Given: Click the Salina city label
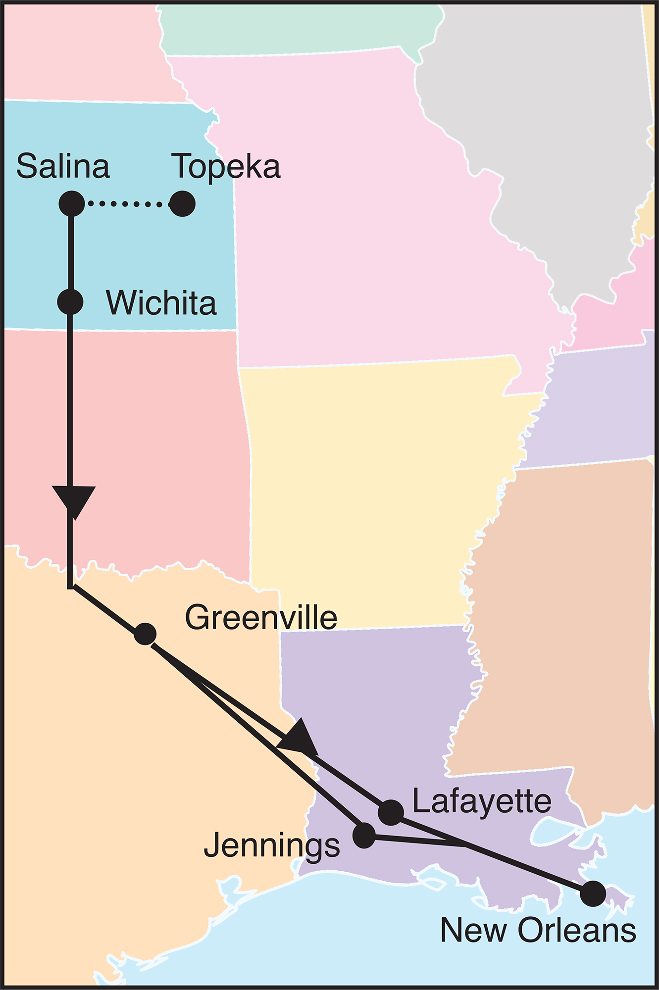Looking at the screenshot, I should [x=63, y=166].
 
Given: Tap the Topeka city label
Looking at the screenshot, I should [x=226, y=167].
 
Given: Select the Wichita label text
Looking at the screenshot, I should [x=161, y=303].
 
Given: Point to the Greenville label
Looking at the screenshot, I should [x=261, y=618].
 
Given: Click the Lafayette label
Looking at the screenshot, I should [x=482, y=801].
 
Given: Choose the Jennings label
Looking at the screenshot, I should [x=272, y=845].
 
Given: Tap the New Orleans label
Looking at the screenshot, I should [x=538, y=931].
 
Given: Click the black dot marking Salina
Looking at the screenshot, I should [x=72, y=203].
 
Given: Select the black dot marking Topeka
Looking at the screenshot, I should [x=182, y=203].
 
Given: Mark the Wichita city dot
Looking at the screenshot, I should [x=70, y=301].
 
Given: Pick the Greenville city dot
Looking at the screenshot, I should [x=145, y=634].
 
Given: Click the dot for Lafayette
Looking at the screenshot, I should [x=391, y=812].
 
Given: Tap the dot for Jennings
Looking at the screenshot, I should [x=364, y=835].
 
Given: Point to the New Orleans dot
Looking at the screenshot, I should [x=593, y=893].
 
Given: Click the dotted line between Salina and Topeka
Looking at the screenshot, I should [x=126, y=203].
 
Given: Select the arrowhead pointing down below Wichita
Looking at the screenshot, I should [x=73, y=500].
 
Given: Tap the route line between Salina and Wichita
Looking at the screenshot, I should [x=71, y=252].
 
